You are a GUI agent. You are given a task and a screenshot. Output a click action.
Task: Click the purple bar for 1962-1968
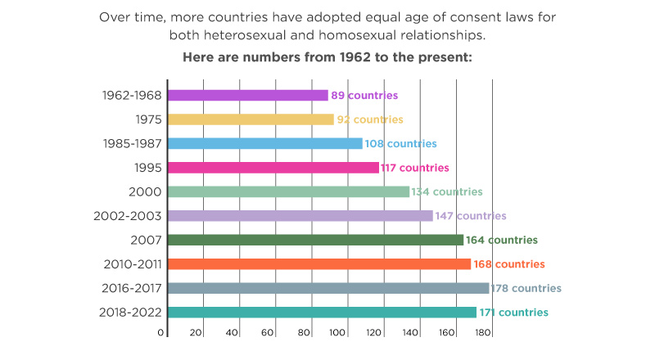coord(248,96)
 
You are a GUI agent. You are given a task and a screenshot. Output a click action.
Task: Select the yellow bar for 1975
coord(251,119)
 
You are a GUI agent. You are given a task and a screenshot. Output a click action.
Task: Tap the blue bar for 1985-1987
coord(265,144)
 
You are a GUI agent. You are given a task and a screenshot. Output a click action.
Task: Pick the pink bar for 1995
coord(273,168)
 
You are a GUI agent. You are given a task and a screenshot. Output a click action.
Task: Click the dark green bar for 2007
coord(315,240)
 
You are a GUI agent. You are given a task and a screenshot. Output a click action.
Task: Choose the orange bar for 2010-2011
coord(319,264)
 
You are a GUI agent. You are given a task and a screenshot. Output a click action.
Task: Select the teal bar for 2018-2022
coord(322,313)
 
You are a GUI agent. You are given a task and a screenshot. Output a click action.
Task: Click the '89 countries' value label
coord(364,96)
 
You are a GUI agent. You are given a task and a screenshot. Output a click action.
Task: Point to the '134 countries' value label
coord(447,192)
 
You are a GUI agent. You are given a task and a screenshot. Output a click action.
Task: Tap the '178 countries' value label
coord(526,289)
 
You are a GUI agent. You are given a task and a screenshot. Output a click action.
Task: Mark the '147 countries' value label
coord(471,216)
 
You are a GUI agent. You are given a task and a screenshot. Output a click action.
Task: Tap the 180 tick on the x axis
coord(483,333)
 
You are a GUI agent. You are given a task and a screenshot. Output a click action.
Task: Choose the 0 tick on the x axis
coord(161,333)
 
